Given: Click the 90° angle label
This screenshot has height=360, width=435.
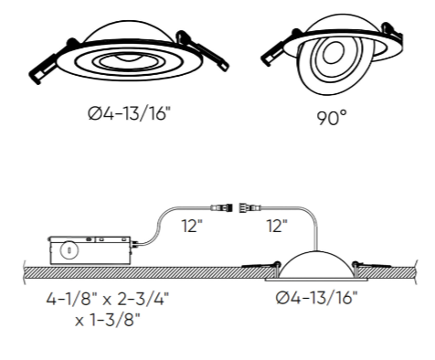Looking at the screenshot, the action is point(332,118).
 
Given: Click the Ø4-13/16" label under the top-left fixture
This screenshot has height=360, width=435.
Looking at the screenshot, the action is point(128,113).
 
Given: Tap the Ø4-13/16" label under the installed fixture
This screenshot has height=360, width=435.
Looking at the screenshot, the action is point(316,298).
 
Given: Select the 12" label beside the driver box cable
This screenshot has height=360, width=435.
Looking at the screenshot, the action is point(192,226).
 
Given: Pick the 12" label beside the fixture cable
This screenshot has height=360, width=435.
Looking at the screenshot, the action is point(277,226).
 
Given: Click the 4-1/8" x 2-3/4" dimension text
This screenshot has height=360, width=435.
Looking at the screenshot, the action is point(108,299).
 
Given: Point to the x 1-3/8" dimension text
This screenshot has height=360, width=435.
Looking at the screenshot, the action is point(108,320).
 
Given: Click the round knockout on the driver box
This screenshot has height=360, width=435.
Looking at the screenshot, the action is point(69,250).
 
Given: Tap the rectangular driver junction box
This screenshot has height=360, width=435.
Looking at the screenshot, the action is point(90,250).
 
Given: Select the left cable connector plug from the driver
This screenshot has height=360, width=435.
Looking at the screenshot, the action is point(220,208).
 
